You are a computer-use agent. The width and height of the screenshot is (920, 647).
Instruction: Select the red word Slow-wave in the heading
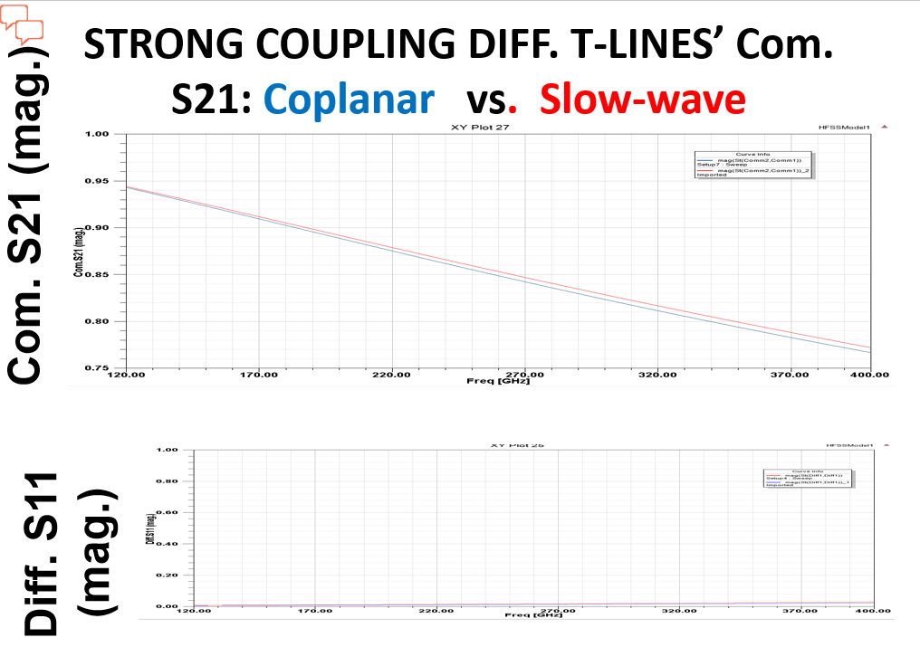click(x=642, y=99)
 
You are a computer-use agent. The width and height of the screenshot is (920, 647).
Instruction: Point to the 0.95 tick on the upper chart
click(x=97, y=181)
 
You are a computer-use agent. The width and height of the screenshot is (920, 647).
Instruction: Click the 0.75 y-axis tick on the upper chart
click(x=97, y=368)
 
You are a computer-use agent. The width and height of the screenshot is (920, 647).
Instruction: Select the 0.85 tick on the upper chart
click(x=97, y=274)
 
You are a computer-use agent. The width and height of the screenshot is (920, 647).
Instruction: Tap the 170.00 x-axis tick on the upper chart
click(x=259, y=375)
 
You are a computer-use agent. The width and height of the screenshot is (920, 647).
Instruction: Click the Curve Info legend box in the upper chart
click(x=752, y=165)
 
